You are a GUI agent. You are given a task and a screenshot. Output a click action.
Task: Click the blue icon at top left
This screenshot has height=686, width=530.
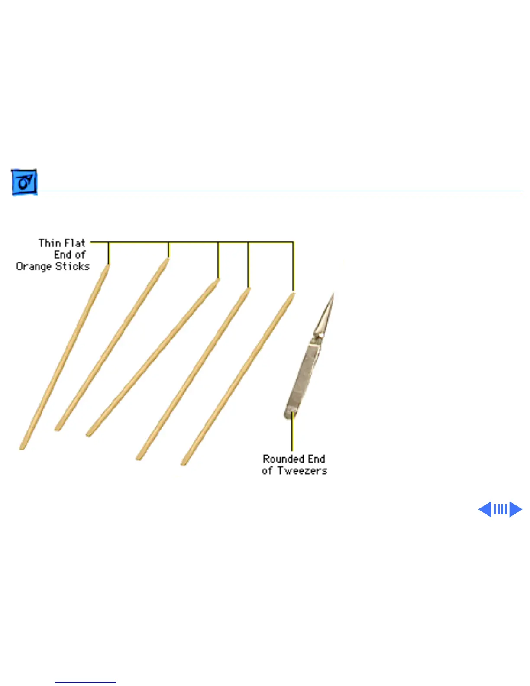[x=24, y=182]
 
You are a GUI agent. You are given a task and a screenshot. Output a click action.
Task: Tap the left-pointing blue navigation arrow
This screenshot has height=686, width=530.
[x=485, y=509]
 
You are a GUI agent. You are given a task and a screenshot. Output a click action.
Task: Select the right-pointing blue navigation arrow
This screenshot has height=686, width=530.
[x=515, y=509]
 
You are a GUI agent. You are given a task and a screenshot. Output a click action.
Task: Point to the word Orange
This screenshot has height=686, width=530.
[x=34, y=266]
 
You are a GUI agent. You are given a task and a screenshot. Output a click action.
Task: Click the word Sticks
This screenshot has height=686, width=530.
[x=72, y=266]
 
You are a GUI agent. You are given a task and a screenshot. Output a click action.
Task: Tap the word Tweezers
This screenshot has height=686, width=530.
[x=302, y=470]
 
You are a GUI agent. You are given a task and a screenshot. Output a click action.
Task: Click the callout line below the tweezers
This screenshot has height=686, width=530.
[x=292, y=433]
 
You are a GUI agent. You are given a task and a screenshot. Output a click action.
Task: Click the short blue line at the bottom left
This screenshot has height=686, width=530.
[x=85, y=682]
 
